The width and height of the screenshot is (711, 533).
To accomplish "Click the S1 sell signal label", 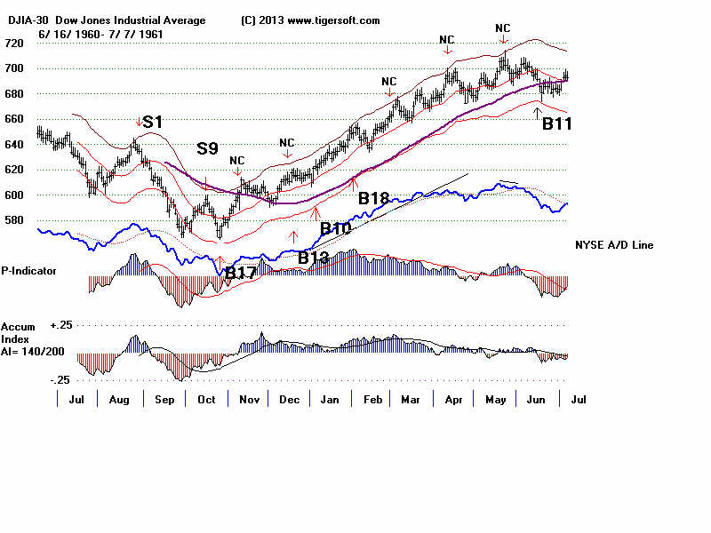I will point(152,123).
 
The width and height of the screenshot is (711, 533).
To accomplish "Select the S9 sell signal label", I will point(207,148).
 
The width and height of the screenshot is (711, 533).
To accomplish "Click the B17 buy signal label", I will point(242,274).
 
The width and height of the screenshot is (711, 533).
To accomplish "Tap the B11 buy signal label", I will point(556,125).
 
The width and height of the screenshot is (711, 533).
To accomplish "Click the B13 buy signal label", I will point(314,259).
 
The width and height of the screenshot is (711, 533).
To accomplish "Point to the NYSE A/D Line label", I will point(614,245).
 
